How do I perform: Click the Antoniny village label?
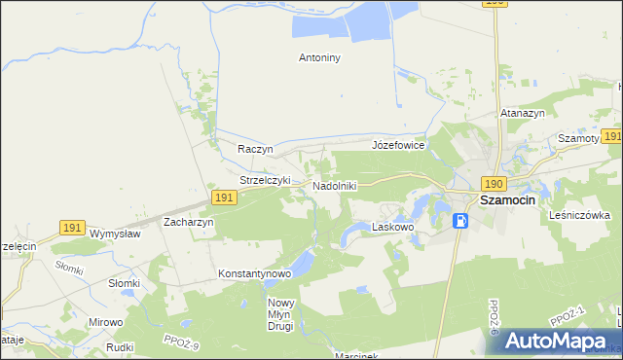click(319, 57)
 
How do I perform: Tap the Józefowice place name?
click(398, 145)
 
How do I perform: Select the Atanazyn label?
click(522, 114)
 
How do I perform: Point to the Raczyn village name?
click(255, 150)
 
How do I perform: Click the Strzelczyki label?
click(266, 180)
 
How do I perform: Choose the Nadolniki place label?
click(335, 185)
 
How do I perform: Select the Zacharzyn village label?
click(189, 222)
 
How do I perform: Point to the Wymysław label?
click(115, 234)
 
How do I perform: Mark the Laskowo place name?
click(393, 227)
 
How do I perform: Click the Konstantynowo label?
click(255, 274)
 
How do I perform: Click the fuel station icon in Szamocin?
click(460, 221)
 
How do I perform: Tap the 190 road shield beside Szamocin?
click(494, 184)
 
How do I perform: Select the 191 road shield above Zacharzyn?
click(223, 198)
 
